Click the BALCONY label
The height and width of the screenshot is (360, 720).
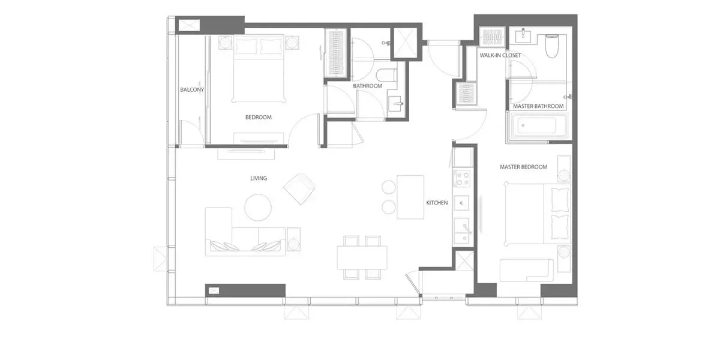coord(192,89)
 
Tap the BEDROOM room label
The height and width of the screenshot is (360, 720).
coord(259,118)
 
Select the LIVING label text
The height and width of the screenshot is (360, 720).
coord(259,178)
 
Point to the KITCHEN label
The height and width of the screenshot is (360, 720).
coord(437,203)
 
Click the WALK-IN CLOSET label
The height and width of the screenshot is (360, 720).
coord(500,55)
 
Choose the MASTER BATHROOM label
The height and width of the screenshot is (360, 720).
coord(538,106)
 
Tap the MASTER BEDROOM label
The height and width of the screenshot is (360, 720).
coord(524,167)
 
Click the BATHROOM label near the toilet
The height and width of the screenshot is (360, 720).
coord(368,86)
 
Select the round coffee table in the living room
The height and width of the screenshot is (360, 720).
coord(258,208)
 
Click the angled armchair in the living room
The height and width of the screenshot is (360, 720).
coord(299,188)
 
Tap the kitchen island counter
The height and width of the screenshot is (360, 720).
coord(410,197)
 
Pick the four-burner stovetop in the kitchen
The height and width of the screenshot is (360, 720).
coord(462,179)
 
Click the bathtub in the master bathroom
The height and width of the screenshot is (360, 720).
coord(537,126)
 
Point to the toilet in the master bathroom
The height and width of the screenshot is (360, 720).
coord(552,46)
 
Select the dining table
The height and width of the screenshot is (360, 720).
coord(362,257)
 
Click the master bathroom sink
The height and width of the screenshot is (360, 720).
coord(524,37)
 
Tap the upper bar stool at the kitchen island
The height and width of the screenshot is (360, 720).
coord(389,187)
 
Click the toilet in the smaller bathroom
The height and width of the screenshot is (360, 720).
coord(386,76)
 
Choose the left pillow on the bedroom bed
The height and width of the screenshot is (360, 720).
coord(247,47)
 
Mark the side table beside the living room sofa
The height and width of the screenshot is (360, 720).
coord(294,239)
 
